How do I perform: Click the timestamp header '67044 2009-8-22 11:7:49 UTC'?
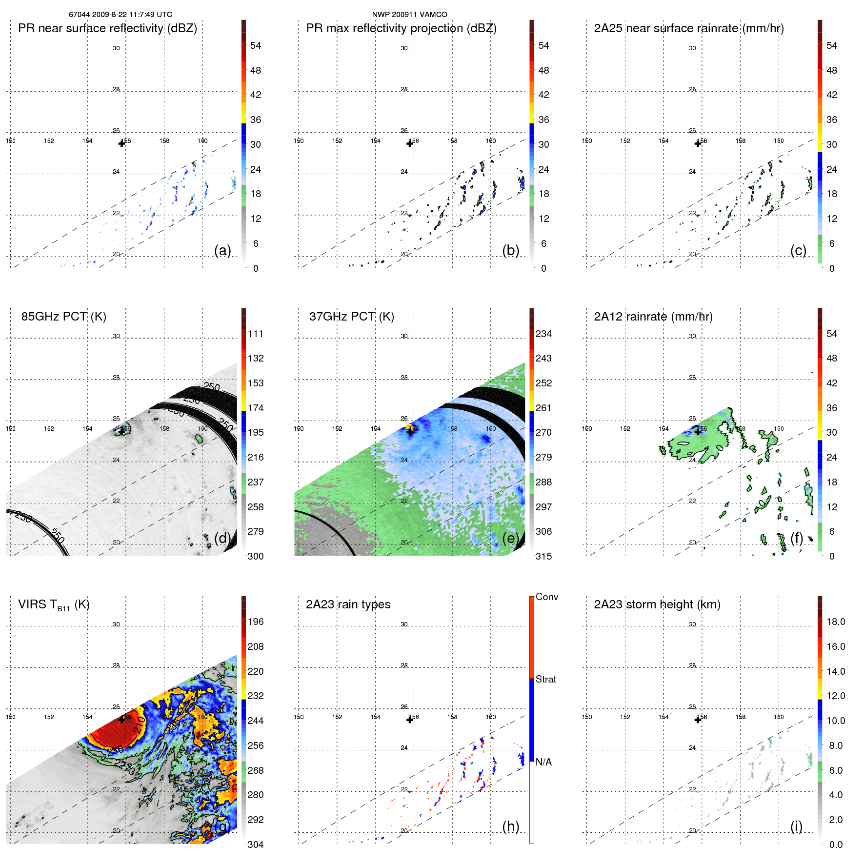click(120, 15)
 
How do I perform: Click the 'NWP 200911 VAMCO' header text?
click(409, 15)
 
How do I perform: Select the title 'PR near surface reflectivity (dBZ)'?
click(107, 28)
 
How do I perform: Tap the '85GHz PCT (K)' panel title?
click(63, 317)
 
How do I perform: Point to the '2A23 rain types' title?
click(348, 604)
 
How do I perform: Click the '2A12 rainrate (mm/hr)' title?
click(653, 317)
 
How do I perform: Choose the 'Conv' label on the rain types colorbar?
click(546, 597)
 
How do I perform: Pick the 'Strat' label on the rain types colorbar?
click(545, 679)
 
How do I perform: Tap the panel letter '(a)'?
click(222, 250)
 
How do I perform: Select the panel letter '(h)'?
click(510, 826)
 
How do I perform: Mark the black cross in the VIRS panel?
click(121, 720)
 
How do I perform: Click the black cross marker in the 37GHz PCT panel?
click(410, 431)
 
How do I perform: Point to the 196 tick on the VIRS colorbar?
click(255, 622)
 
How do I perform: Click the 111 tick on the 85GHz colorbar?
click(255, 334)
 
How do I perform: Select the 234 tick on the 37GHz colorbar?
click(543, 334)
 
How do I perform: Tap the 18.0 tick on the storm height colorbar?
click(835, 622)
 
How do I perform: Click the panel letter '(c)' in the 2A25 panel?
click(798, 250)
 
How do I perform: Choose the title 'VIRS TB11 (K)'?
click(54, 605)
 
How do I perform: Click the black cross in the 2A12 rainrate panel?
click(698, 431)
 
